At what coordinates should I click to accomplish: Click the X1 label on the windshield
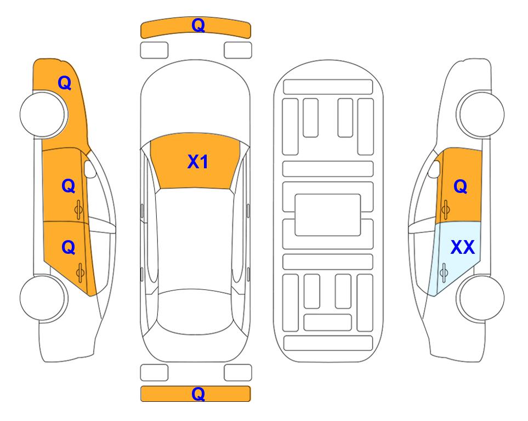198,162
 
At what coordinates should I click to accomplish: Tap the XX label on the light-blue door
462,247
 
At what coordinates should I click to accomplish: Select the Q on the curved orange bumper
198,25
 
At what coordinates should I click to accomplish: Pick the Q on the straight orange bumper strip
198,394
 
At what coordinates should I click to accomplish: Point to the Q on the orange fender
65,83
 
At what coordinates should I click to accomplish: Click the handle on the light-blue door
444,272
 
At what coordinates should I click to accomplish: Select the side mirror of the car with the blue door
434,169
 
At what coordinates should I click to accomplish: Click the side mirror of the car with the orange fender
90,169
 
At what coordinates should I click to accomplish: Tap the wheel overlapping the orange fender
43,114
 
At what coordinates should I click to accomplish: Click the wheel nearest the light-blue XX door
480,298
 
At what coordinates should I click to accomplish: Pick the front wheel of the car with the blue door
480,114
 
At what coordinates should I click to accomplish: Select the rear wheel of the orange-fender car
43,298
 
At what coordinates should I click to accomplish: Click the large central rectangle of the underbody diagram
328,215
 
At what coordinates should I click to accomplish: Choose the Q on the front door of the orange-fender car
69,186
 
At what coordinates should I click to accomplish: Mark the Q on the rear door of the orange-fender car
69,248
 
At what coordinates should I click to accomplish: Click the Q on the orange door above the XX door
461,186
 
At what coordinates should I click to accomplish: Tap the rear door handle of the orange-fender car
80,272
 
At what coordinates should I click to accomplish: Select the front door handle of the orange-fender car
78,209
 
